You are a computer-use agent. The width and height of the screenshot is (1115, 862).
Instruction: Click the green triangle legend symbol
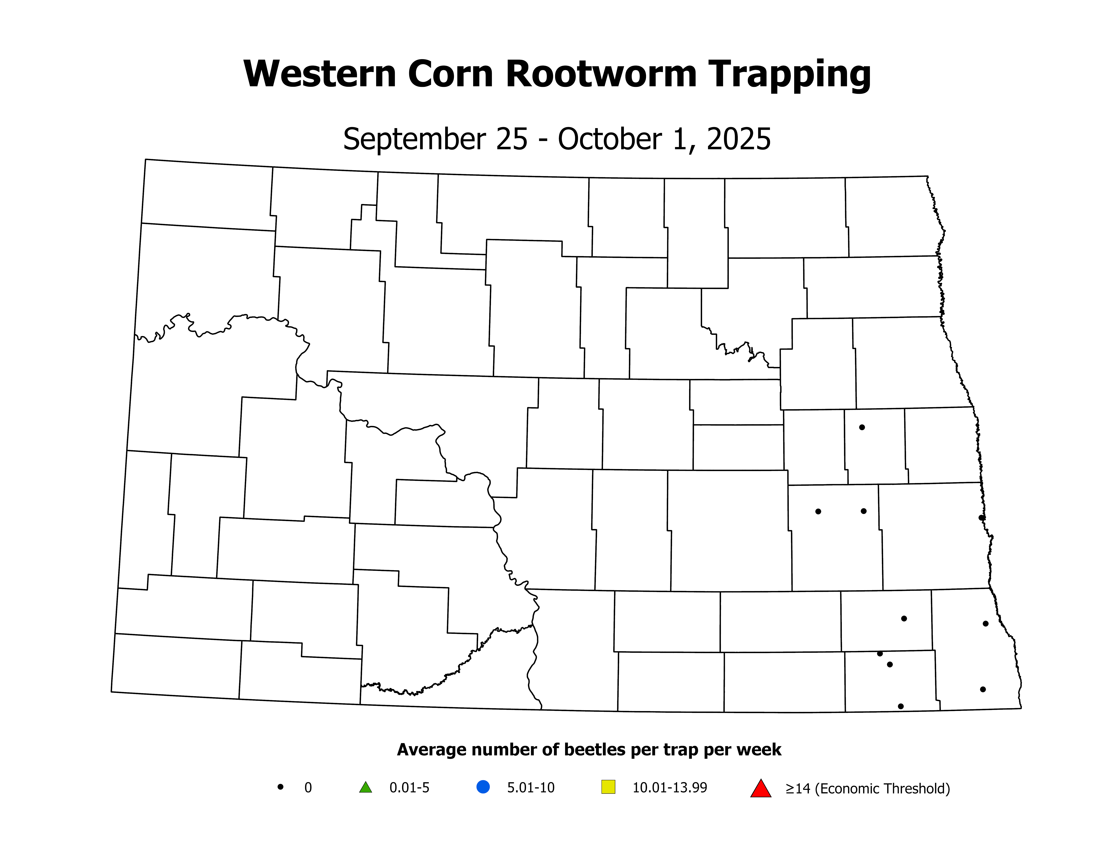pyautogui.click(x=366, y=787)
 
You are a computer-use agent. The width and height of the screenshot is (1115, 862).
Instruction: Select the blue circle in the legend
pyautogui.click(x=483, y=787)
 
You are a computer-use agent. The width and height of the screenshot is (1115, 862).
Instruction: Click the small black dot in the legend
pyautogui.click(x=280, y=787)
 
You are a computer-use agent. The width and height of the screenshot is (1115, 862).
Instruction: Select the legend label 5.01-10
pyautogui.click(x=530, y=788)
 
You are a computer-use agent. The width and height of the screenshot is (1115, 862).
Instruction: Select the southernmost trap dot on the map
pyautogui.click(x=901, y=706)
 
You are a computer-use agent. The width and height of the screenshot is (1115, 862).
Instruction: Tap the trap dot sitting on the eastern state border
pyautogui.click(x=981, y=518)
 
